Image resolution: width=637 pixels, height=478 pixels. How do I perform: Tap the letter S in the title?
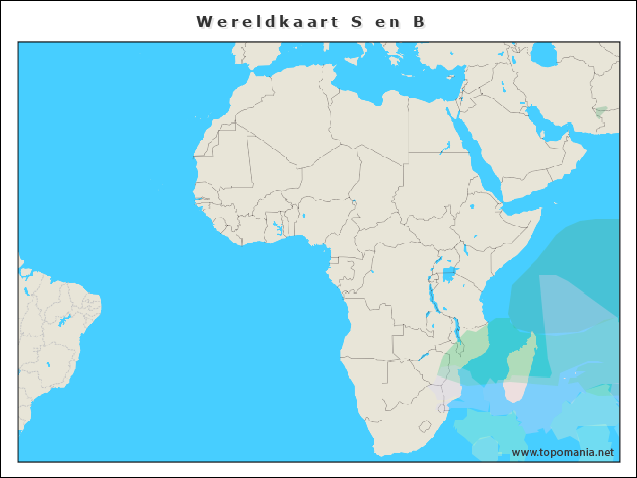[x=356, y=22]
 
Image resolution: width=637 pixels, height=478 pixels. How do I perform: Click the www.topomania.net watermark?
[x=562, y=452]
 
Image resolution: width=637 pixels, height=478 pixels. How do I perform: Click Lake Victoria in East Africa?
[x=449, y=273]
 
